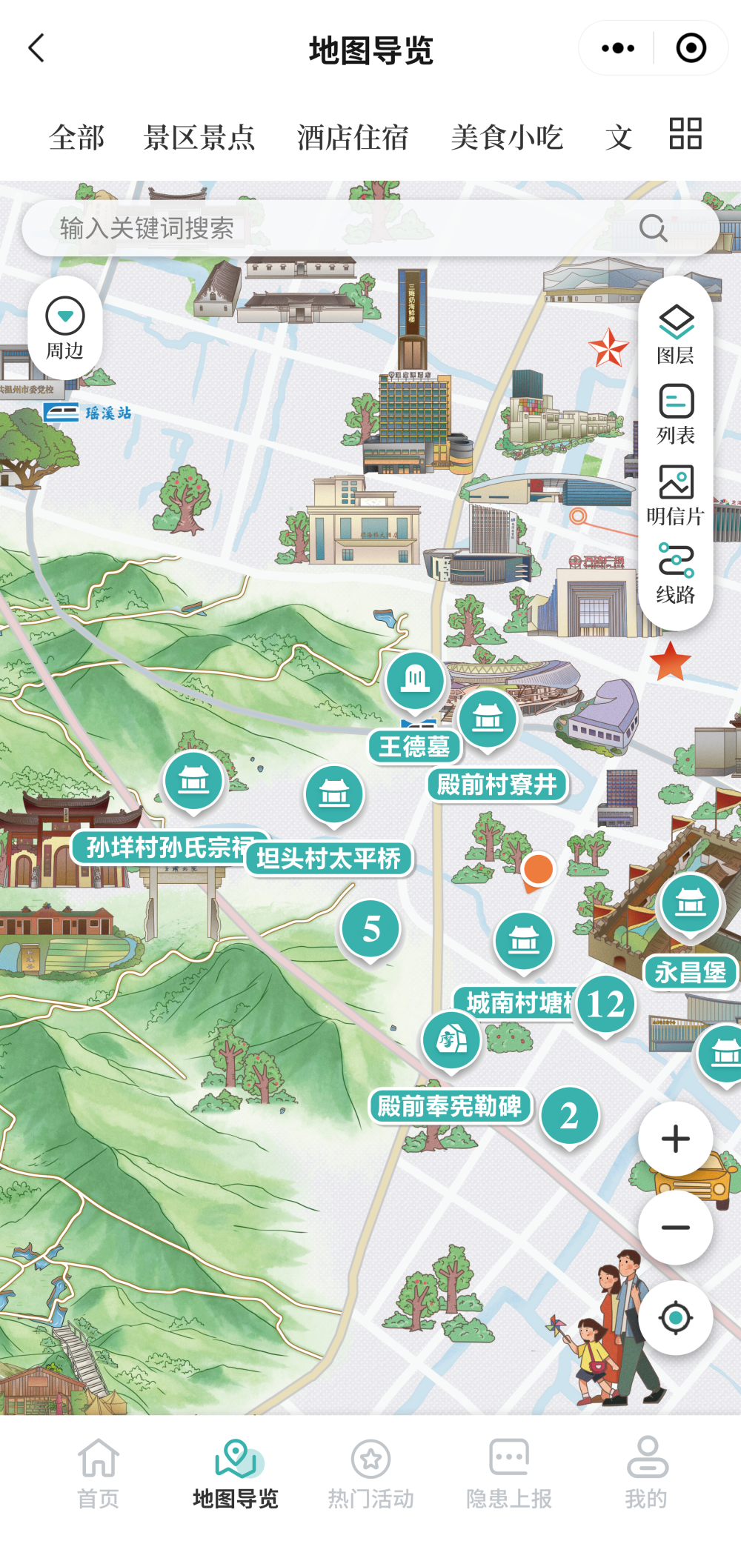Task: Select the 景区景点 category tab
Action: point(199,138)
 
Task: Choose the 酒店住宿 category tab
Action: point(353,138)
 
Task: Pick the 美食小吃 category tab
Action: point(507,138)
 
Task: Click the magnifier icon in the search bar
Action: point(653,228)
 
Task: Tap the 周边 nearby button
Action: point(65,327)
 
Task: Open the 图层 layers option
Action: point(676,334)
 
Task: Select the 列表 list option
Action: point(676,414)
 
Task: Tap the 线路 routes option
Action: point(676,573)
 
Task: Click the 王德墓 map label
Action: point(414,746)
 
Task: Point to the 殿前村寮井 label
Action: point(497,785)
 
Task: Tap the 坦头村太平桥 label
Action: point(328,859)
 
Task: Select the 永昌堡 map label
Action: point(691,972)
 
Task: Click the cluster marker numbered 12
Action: point(605,1005)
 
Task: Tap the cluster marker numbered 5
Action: point(371,929)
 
